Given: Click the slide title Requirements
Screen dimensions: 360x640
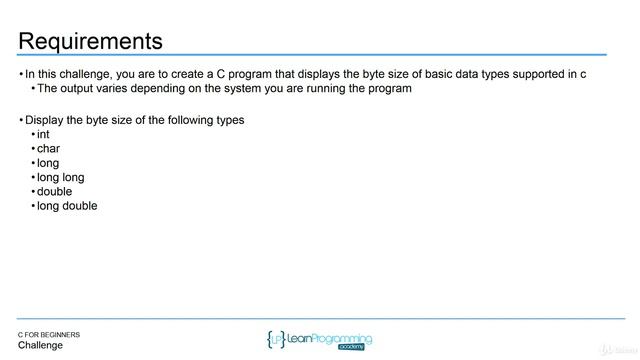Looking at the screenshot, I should [x=90, y=41].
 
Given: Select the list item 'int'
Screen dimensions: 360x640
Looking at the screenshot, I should [x=43, y=134].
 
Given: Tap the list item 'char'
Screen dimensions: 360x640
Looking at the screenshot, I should [x=48, y=149].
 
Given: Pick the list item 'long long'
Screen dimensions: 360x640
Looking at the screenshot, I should [x=60, y=177].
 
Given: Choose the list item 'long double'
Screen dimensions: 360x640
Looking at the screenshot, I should [x=67, y=206].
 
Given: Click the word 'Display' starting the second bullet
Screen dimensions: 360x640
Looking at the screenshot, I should [x=45, y=120].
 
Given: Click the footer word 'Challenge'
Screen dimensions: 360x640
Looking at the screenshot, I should [x=40, y=346].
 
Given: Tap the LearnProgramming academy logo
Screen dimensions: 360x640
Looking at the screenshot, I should [x=319, y=339].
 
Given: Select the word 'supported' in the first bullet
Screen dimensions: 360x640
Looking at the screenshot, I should [x=539, y=74].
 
